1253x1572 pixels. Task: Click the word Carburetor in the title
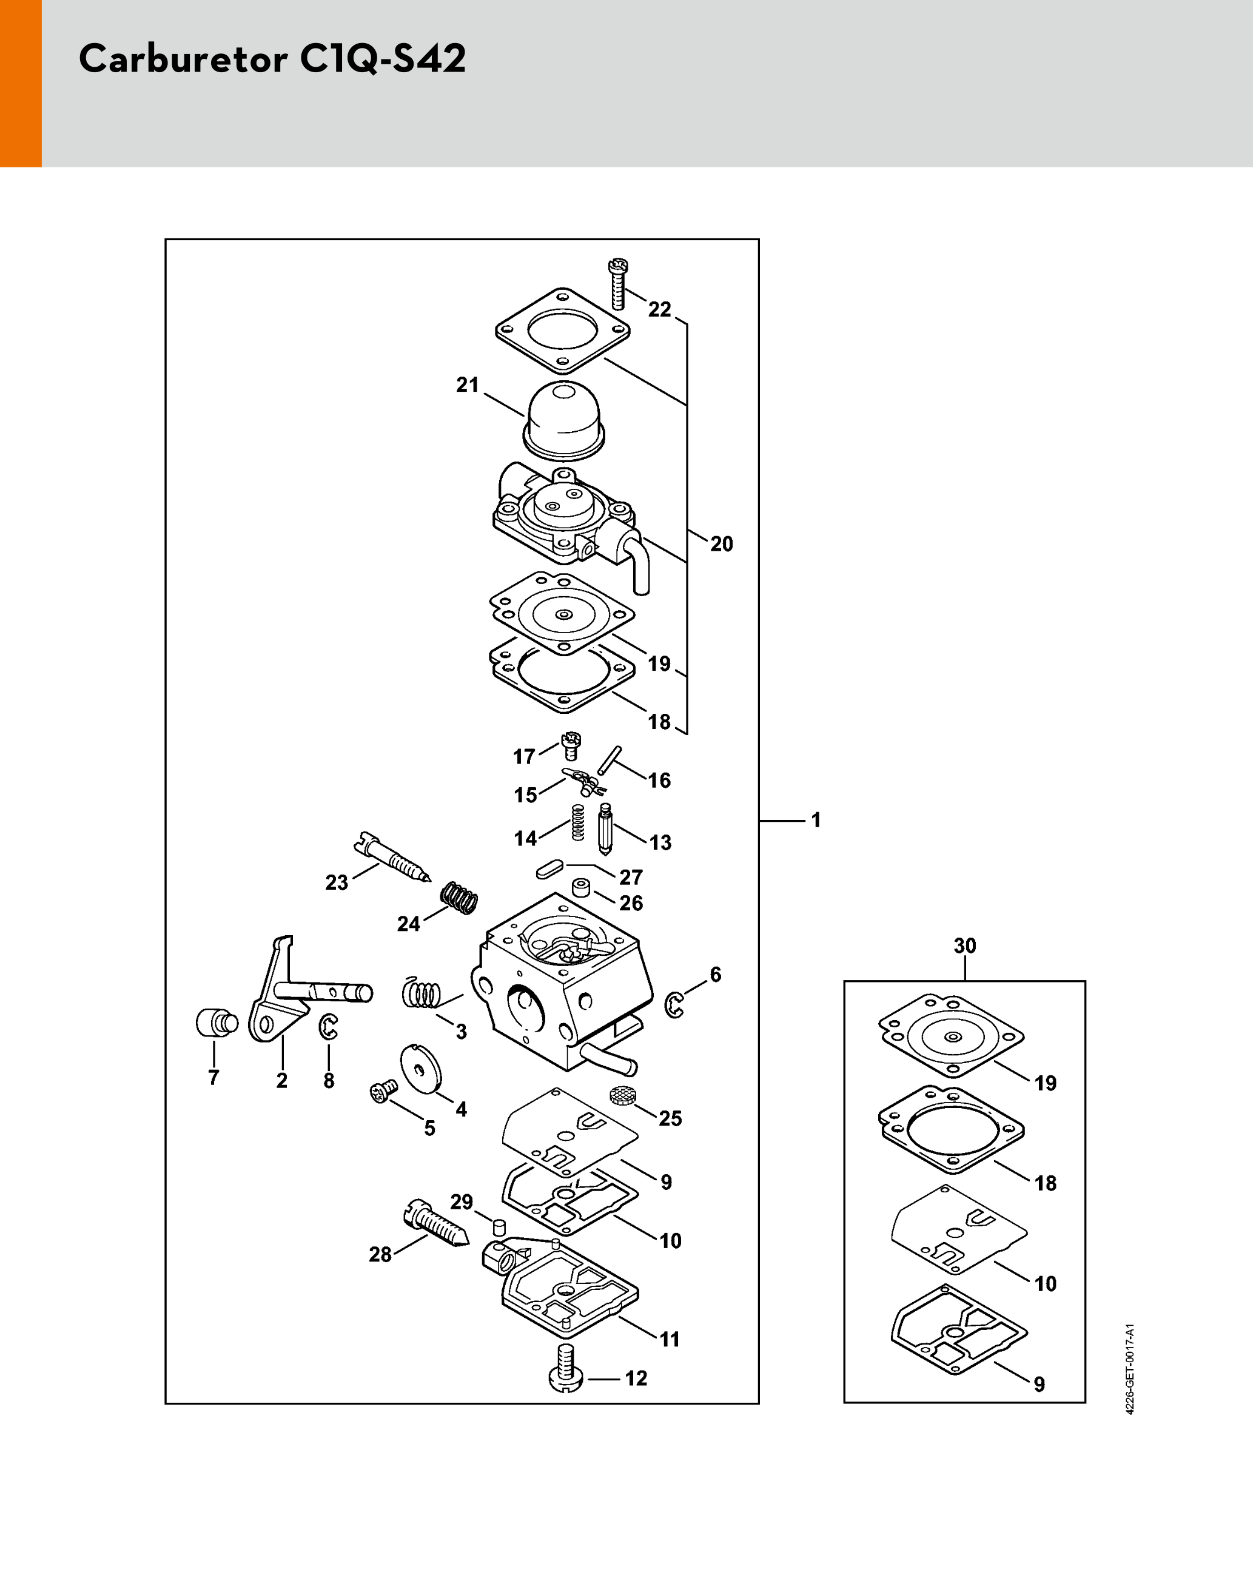tap(183, 58)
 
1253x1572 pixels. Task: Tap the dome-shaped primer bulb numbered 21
tap(564, 420)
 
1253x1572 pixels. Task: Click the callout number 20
tap(721, 544)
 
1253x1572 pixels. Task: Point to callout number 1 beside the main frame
tap(816, 821)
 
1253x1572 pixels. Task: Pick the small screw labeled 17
tap(571, 746)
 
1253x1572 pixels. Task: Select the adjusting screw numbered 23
tap(392, 858)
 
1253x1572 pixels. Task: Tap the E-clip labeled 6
tap(674, 1006)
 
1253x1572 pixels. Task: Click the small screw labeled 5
tap(384, 1092)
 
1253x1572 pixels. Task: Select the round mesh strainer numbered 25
tap(620, 1095)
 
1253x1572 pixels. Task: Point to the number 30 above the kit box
tap(965, 946)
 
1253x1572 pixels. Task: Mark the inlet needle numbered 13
tap(605, 829)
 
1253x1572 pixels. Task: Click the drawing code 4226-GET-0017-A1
tap(1130, 1369)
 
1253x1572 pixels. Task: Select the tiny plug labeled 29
tap(499, 1227)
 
